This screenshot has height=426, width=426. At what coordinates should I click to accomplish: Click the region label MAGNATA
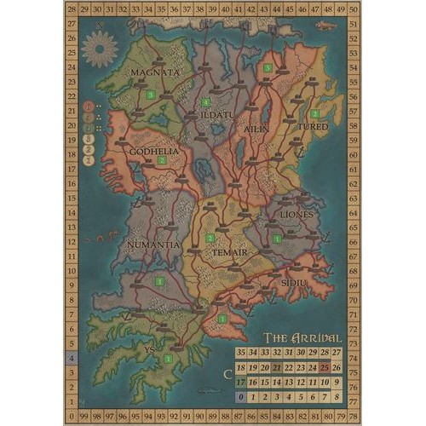(x=154, y=73)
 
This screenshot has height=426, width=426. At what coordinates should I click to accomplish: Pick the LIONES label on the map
(x=296, y=215)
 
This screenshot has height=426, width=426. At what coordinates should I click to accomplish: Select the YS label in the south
(x=150, y=348)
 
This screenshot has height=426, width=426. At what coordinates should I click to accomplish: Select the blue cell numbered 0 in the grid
(x=242, y=396)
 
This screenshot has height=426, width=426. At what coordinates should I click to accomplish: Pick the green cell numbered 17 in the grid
(x=242, y=382)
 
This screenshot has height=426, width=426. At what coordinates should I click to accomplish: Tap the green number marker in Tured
(x=314, y=113)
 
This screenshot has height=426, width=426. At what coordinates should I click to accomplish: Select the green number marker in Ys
(x=167, y=359)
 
